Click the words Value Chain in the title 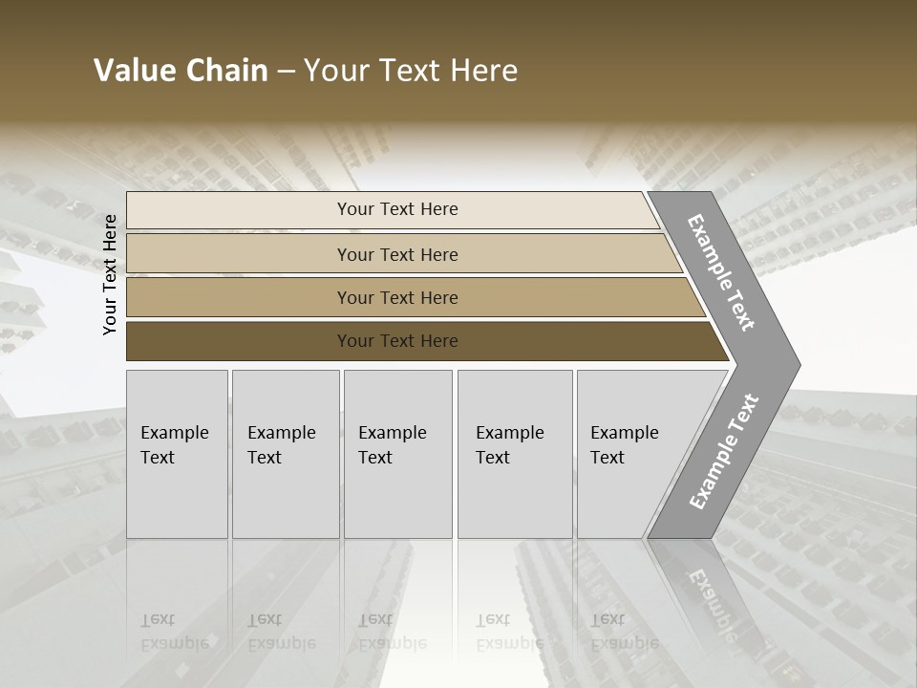181,71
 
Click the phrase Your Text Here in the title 411,71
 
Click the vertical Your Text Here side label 110,275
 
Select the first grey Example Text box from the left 177,454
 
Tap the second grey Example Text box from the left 286,454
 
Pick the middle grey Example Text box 397,454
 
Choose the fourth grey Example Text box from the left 515,454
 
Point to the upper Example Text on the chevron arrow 721,272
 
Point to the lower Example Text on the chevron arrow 723,452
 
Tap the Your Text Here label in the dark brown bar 397,341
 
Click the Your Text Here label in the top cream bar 397,209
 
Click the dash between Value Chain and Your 286,72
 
